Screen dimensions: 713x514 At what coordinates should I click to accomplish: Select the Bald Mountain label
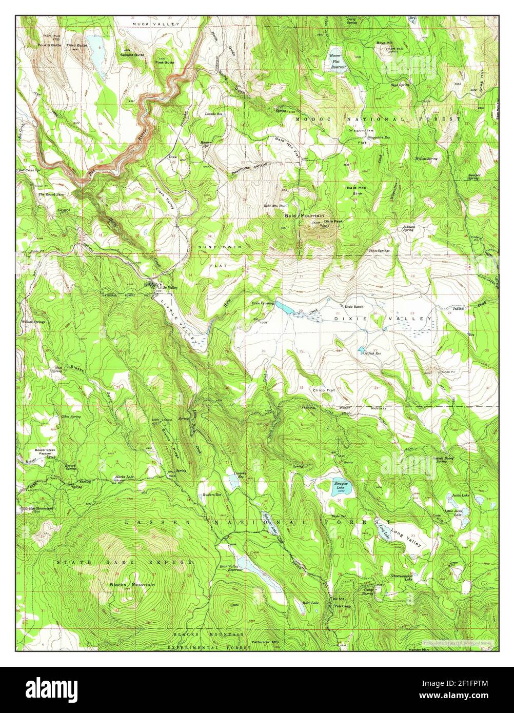(x=304, y=216)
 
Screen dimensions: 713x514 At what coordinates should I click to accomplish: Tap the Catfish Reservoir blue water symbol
(x=361, y=349)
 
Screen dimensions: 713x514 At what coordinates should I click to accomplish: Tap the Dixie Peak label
(x=332, y=221)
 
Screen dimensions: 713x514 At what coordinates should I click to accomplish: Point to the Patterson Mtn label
(x=266, y=642)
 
